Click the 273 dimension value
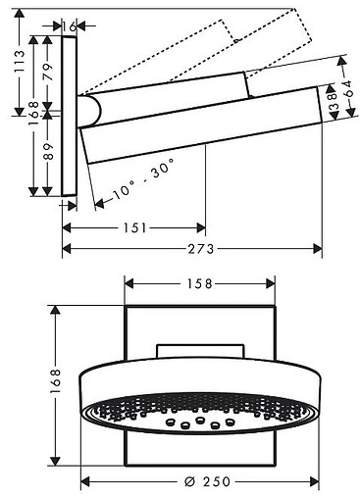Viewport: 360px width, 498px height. point(200,249)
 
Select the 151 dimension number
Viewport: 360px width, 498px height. point(135,228)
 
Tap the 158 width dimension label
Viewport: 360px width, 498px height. point(200,283)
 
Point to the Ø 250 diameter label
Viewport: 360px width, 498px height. point(207,481)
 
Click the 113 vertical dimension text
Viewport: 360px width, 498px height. point(20,62)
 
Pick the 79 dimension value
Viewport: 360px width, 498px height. point(48,72)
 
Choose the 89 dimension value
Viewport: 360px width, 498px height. point(48,151)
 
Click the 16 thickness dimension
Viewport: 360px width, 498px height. point(70,26)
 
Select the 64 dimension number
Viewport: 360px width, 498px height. point(348,88)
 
